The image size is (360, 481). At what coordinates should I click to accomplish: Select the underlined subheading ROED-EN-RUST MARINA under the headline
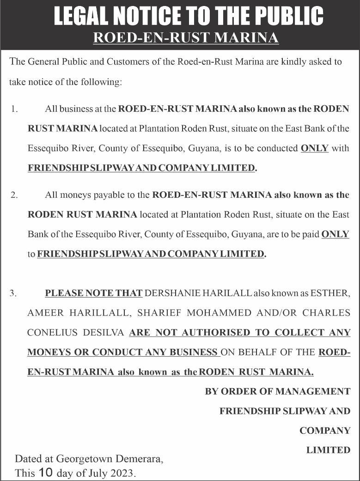pyautogui.click(x=186, y=37)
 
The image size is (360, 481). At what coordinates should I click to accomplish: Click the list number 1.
pyautogui.click(x=14, y=110)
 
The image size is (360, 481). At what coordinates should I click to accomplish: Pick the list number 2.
pyautogui.click(x=14, y=195)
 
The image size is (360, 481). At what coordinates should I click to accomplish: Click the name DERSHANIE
pyautogui.click(x=172, y=293)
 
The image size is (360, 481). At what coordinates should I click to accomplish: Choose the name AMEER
pyautogui.click(x=44, y=313)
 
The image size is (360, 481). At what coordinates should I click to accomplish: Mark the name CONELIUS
pyautogui.click(x=50, y=333)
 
